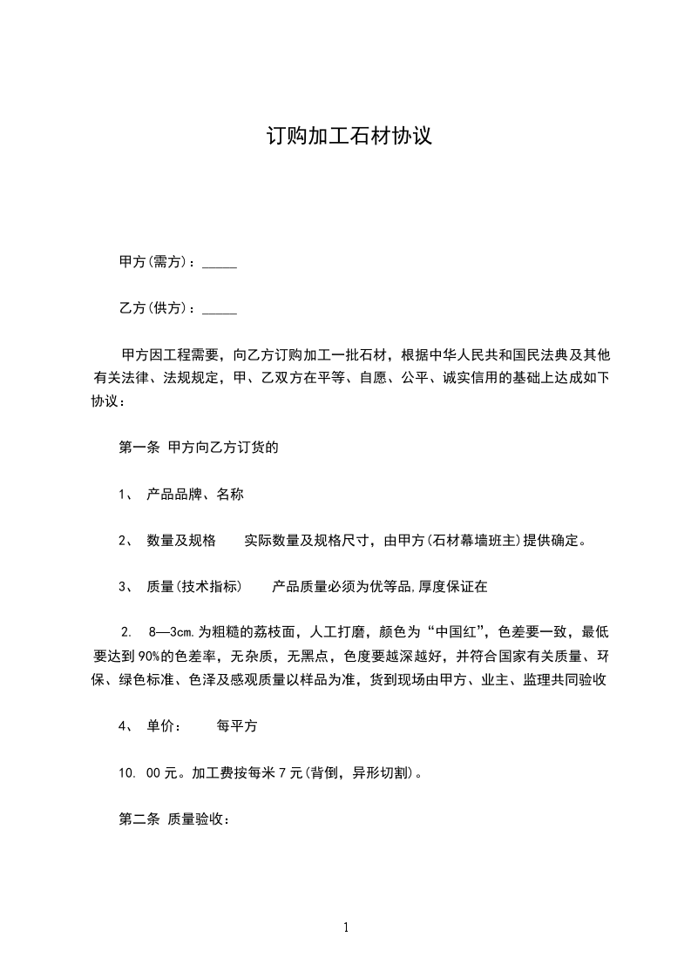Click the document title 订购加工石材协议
click(349, 137)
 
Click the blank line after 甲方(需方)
click(220, 262)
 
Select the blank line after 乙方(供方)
click(220, 308)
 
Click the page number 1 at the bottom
click(346, 927)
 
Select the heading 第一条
click(136, 448)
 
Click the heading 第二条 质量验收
click(173, 819)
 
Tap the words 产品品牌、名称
click(195, 494)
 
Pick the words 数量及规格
click(181, 540)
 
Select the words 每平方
click(236, 725)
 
